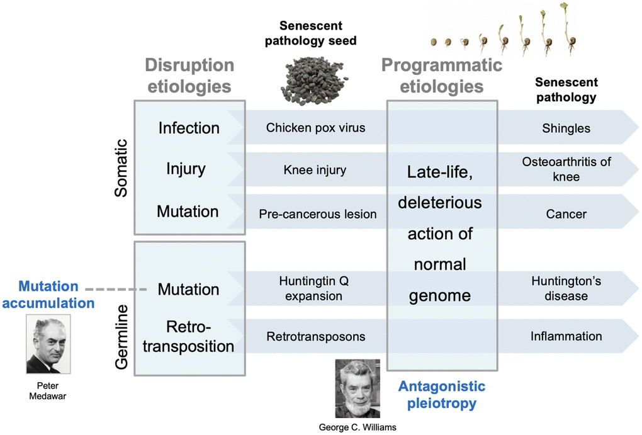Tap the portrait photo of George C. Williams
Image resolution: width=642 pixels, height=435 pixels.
pos(357,388)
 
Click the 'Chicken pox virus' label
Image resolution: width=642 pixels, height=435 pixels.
pos(315,128)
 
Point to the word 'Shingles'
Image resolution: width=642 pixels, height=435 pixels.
pos(566,128)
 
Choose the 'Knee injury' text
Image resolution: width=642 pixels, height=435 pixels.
pos(315,170)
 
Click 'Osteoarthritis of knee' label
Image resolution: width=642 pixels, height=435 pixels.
pos(566,169)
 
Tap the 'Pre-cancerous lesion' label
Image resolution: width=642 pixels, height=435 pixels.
pos(317,214)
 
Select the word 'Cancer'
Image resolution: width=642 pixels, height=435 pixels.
pos(566,214)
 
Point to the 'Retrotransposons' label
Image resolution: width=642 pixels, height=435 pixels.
pos(315,336)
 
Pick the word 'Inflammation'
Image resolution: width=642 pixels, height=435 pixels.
pos(566,336)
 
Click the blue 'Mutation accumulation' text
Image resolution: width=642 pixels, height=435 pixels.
pos(48,295)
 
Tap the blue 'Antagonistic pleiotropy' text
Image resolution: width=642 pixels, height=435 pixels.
pos(441,394)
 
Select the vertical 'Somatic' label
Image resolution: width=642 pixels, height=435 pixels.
pos(121,168)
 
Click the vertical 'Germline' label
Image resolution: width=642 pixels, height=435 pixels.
pos(121,337)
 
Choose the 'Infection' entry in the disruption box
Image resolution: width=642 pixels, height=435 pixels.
pos(188,128)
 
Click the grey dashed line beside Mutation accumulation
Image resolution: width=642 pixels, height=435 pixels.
pos(116,290)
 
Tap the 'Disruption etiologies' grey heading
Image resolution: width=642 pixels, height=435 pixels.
pos(189,75)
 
